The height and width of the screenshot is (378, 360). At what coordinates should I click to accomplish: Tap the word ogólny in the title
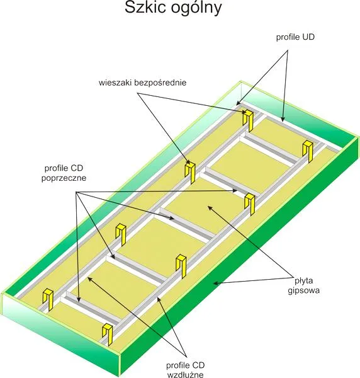tap(196, 9)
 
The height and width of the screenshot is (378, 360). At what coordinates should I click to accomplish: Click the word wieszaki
tap(115, 83)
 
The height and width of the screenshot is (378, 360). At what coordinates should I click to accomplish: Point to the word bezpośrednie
tap(160, 83)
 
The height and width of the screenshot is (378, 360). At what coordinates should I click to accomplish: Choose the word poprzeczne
tap(64, 178)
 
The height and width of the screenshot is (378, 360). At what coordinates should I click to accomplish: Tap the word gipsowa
tap(304, 290)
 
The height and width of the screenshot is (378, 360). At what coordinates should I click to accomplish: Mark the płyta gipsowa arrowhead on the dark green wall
tap(215, 283)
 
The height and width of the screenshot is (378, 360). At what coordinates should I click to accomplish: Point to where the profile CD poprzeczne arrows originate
tap(77, 192)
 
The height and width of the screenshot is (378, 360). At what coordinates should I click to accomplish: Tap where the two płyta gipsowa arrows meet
tap(292, 278)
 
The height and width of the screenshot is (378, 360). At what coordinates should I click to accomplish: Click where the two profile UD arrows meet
tap(288, 50)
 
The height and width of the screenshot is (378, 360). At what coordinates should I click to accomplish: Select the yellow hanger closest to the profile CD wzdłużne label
tap(108, 334)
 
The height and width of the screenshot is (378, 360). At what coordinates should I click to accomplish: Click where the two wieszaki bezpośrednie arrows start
tap(137, 93)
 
